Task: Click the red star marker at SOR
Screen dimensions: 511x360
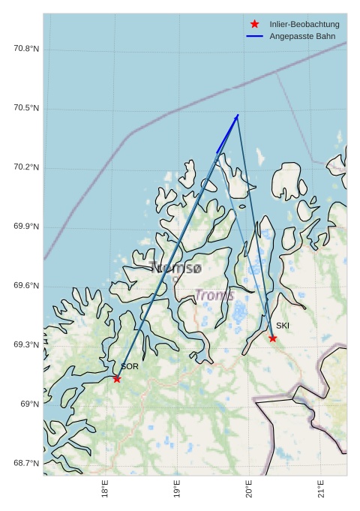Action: tap(117, 378)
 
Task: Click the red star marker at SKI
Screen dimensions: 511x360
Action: tap(273, 338)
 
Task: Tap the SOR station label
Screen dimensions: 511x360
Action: tap(130, 367)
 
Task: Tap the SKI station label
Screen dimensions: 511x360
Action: tap(283, 326)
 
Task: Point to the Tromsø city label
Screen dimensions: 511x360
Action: tap(175, 267)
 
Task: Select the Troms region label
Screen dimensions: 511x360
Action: tap(214, 296)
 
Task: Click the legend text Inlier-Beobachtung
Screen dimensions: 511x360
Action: tap(304, 25)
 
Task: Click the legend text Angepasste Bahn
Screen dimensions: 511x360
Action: tap(302, 37)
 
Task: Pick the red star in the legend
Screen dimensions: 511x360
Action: tap(255, 25)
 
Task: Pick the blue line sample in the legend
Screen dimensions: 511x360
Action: tap(255, 37)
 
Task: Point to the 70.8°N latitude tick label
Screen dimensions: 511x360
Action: tap(26, 50)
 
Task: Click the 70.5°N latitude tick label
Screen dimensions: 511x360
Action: tap(26, 109)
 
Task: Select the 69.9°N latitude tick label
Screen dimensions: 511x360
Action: tap(26, 227)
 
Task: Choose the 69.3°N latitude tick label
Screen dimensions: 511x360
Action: tap(26, 345)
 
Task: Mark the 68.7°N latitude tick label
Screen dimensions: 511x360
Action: tap(26, 463)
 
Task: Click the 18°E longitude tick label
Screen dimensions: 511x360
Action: tap(105, 489)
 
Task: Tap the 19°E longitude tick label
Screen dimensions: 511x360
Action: tap(178, 489)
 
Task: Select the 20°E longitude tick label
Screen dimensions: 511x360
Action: tap(250, 489)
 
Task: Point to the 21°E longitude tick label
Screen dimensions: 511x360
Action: tap(322, 489)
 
